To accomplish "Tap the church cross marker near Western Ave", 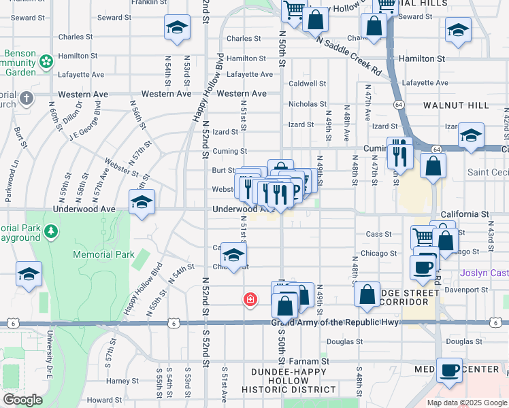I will pyautogui.click(x=27, y=99).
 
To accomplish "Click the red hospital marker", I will pyautogui.click(x=250, y=299).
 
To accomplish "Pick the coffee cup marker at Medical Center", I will pyautogui.click(x=449, y=371).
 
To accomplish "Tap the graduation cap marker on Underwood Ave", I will pyautogui.click(x=142, y=203).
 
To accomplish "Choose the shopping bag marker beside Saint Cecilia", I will pyautogui.click(x=433, y=167).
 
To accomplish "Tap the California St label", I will pyautogui.click(x=465, y=214).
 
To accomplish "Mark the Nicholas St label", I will pyautogui.click(x=307, y=104).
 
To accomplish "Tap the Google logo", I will pyautogui.click(x=23, y=400).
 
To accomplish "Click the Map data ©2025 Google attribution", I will pyautogui.click(x=466, y=403).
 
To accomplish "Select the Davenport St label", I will pyautogui.click(x=466, y=290).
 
